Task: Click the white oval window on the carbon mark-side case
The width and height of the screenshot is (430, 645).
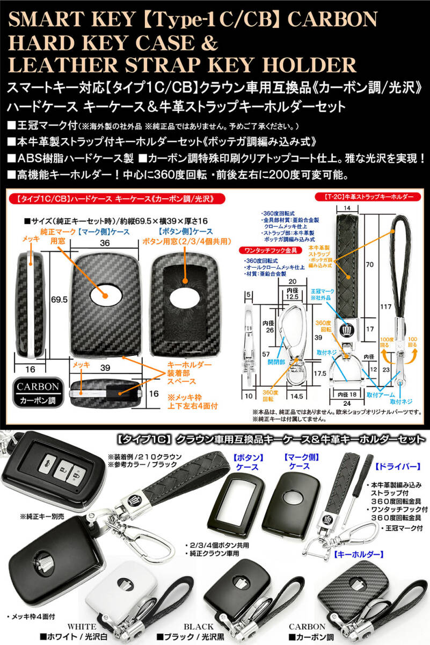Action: [x=105, y=295]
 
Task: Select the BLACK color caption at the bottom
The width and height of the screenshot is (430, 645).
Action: [x=199, y=626]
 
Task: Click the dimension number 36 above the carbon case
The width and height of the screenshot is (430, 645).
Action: [x=105, y=243]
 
